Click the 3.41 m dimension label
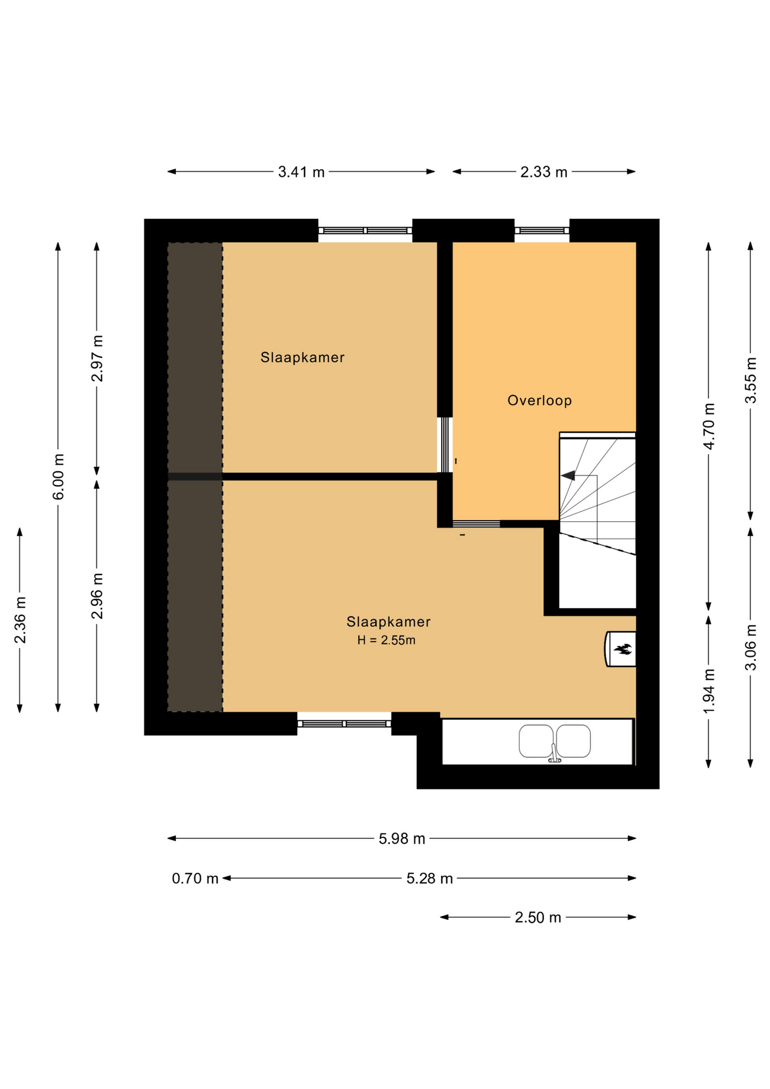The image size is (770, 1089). (301, 172)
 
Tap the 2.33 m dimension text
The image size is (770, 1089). (544, 172)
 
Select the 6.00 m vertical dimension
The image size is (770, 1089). (58, 477)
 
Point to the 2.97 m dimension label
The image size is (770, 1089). (98, 358)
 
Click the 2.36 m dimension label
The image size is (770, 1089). (20, 621)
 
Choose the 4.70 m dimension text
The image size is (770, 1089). (709, 427)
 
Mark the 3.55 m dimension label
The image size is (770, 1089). (751, 380)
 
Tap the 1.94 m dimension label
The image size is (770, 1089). (709, 691)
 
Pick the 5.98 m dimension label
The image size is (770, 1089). (402, 839)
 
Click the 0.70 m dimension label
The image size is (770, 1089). (195, 879)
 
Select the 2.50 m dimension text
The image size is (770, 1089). (538, 918)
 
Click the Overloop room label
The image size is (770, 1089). (539, 400)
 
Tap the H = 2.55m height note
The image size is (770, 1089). (386, 640)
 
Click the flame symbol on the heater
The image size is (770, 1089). (623, 649)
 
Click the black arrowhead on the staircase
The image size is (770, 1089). (568, 475)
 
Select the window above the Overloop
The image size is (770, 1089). (541, 230)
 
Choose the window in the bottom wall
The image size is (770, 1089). (344, 724)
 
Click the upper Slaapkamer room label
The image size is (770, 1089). (302, 357)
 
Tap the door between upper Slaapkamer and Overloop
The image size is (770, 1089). (445, 445)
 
